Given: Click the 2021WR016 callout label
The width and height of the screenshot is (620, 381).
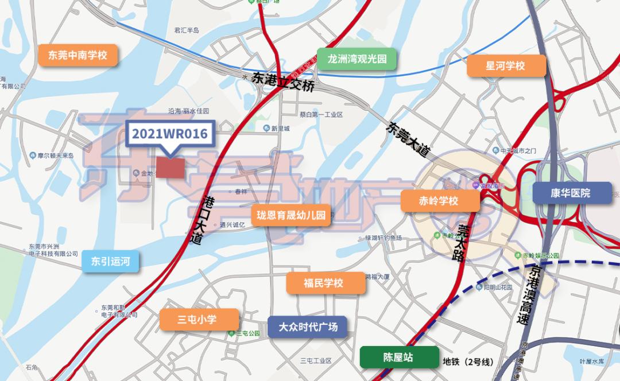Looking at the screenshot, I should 170,134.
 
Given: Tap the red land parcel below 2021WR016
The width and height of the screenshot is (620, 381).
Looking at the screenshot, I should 171,168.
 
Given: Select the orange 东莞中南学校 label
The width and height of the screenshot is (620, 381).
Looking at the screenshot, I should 74,56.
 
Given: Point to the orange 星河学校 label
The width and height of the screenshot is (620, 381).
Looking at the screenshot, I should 506,65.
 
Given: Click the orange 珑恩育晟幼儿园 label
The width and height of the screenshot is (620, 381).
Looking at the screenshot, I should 292,216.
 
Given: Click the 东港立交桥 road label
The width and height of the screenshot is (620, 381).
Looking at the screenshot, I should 284,85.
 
